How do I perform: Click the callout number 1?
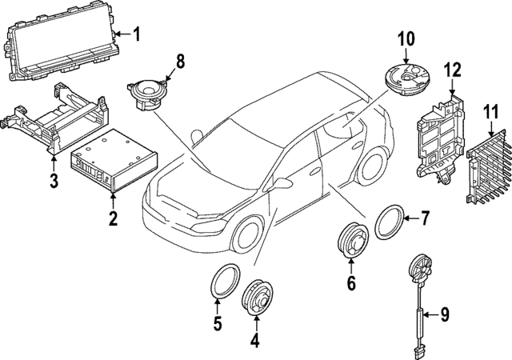[x=136, y=34]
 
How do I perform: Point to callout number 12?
[x=453, y=70]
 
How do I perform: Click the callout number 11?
[x=489, y=112]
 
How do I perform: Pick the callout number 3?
[x=54, y=181]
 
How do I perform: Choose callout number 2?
[x=113, y=218]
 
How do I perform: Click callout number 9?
[x=445, y=314]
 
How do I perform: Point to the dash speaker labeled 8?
[x=150, y=92]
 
